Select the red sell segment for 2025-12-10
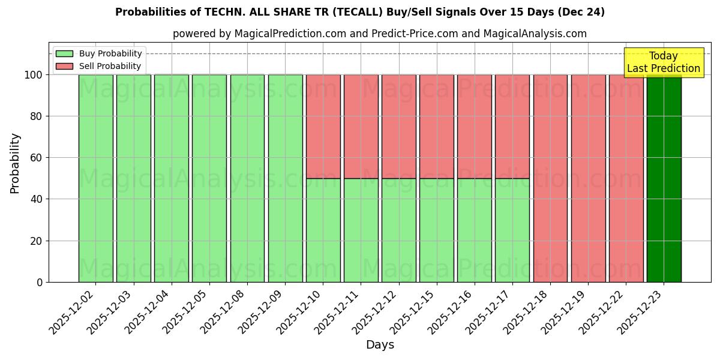pos(323,126)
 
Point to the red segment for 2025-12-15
pos(436,126)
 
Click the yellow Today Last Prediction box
pos(663,62)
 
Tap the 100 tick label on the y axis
pos(34,75)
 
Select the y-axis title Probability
pos(15,163)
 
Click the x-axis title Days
pos(380,345)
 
